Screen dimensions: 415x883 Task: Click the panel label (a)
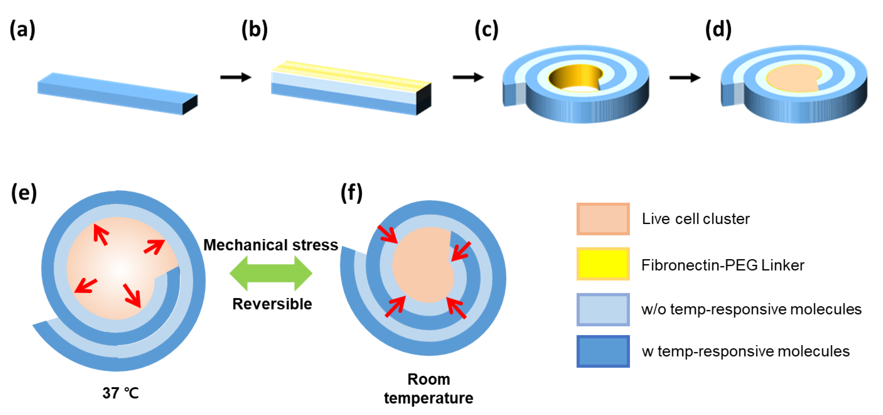[22, 30]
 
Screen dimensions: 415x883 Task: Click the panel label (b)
[254, 30]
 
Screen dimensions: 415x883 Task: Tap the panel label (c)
[486, 30]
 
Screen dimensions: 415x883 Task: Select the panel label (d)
[718, 30]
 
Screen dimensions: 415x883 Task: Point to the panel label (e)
[24, 193]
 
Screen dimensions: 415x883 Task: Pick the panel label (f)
[351, 193]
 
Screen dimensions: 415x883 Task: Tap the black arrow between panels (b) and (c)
[468, 77]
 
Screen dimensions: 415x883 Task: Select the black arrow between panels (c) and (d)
[684, 77]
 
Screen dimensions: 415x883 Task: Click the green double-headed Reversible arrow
[271, 273]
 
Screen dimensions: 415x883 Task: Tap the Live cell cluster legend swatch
[603, 219]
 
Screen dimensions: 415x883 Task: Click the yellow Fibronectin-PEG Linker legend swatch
[603, 264]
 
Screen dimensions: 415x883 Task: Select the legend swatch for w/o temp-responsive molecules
[603, 309]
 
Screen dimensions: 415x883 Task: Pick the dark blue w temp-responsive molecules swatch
[603, 351]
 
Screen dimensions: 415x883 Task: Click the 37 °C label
[120, 393]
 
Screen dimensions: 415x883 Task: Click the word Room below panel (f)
[429, 379]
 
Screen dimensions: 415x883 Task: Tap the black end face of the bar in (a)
[190, 104]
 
